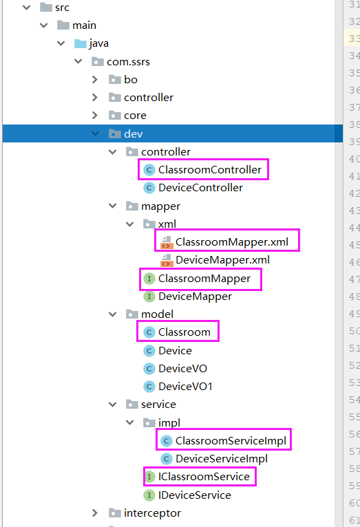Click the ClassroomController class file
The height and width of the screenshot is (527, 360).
click(x=209, y=169)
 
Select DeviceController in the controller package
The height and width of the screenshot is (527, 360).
click(x=200, y=187)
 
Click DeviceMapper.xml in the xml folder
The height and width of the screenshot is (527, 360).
click(x=222, y=260)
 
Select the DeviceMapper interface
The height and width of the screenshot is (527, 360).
click(x=195, y=297)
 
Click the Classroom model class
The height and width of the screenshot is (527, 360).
click(x=184, y=332)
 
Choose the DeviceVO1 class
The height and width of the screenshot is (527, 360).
click(x=185, y=386)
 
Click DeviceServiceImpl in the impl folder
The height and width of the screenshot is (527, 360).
click(x=221, y=458)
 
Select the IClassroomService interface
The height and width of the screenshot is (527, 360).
click(x=203, y=476)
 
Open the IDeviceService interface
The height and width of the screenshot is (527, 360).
click(x=194, y=495)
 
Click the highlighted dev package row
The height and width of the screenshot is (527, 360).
click(x=133, y=133)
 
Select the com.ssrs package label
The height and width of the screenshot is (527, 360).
click(x=128, y=62)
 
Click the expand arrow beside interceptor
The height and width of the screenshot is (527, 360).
click(x=96, y=513)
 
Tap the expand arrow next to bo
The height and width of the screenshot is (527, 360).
click(x=96, y=80)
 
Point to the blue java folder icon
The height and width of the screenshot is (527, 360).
click(x=80, y=43)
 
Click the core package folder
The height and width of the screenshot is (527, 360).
click(x=135, y=116)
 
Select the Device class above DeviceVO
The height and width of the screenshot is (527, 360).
click(x=175, y=350)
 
